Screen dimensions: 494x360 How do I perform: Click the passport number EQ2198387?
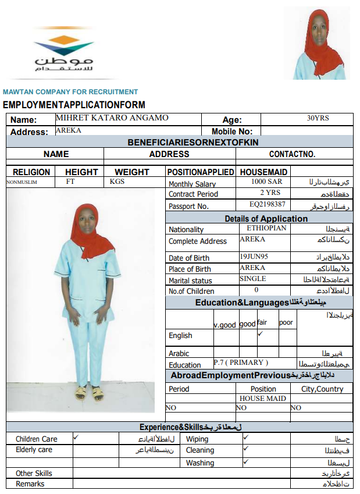[x=267, y=204]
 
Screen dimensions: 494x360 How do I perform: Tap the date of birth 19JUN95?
[x=255, y=256]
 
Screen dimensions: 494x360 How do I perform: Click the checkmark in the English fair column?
[x=261, y=334]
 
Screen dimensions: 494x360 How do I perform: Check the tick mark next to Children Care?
[x=76, y=436]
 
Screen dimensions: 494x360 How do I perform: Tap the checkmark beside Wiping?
[x=245, y=436]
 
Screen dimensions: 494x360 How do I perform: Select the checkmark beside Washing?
[x=245, y=461]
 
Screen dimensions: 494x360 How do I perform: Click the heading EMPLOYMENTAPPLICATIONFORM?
[x=74, y=105]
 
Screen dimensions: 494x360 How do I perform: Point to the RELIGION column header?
[x=31, y=172]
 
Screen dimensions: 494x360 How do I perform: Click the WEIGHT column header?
[x=131, y=172]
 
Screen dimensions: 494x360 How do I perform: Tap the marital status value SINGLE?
[x=252, y=279]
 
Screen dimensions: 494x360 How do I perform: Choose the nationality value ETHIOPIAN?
[x=266, y=228]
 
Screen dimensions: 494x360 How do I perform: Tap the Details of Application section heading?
[x=266, y=218]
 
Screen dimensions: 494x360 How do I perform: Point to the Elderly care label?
[x=34, y=450]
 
